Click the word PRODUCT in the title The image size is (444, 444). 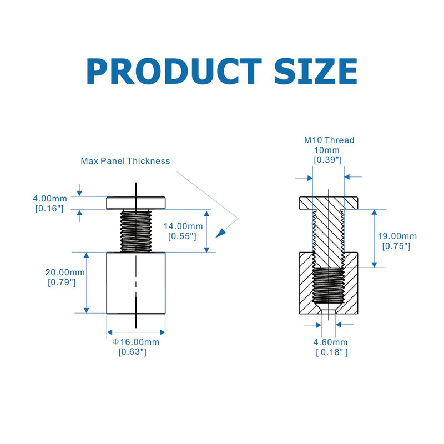pyautogui.click(x=174, y=71)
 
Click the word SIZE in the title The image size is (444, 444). pyautogui.click(x=316, y=71)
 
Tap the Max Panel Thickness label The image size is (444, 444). pyautogui.click(x=125, y=161)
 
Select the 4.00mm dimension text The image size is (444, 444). pyautogui.click(x=50, y=199)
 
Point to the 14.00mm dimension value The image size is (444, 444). pyautogui.click(x=183, y=226)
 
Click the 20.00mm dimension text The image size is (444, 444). pyautogui.click(x=65, y=273)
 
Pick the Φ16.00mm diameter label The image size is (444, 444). pyautogui.click(x=136, y=342)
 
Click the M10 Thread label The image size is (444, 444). pyautogui.click(x=329, y=140)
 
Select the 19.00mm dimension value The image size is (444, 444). pyautogui.click(x=397, y=236)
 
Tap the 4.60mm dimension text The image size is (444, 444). pyautogui.click(x=330, y=342)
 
